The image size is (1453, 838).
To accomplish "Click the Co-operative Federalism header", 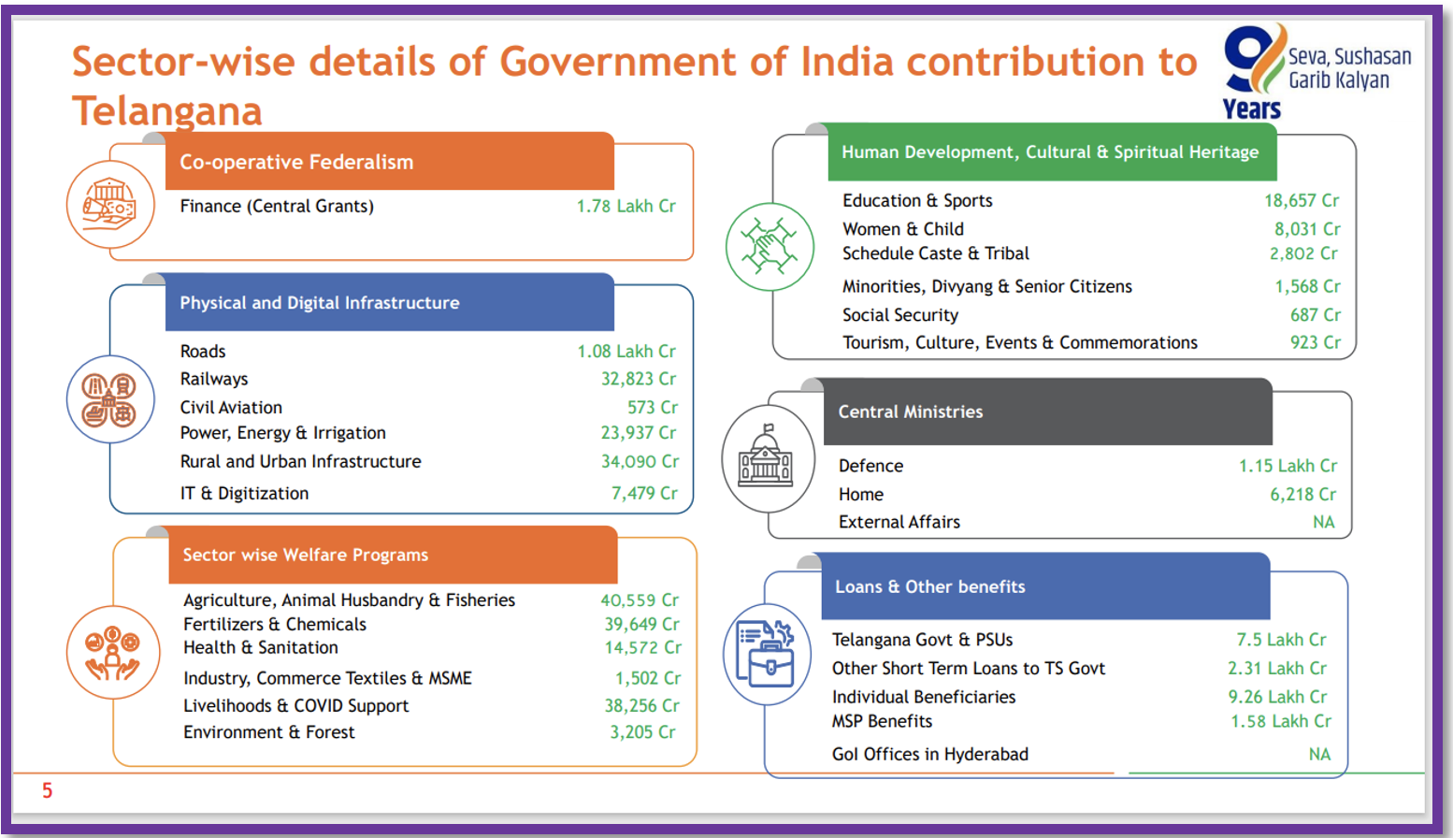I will [x=296, y=162].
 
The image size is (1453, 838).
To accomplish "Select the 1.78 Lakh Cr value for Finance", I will [x=626, y=206].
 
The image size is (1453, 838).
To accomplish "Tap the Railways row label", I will [x=214, y=379].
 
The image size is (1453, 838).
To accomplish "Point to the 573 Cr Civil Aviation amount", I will [x=653, y=407].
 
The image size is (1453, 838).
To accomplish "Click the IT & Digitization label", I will [x=244, y=493].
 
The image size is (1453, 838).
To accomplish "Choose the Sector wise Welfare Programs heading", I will [x=305, y=555].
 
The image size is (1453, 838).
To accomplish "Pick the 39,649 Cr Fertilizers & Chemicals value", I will [x=641, y=624].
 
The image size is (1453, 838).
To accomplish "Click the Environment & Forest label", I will [x=268, y=732].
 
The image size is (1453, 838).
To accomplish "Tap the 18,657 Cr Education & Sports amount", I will [x=1301, y=200].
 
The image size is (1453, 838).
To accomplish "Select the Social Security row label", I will [x=899, y=315].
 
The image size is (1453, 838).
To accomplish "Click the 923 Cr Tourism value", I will [x=1315, y=342].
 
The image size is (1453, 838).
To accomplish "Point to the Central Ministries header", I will [x=910, y=412].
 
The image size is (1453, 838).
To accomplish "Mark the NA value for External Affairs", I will [x=1323, y=522].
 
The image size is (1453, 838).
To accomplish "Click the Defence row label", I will [x=870, y=466].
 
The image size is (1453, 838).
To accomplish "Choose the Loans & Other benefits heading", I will [x=929, y=586].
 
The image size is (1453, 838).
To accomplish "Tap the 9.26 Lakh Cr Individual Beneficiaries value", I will [x=1277, y=697].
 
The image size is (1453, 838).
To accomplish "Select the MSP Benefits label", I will [x=882, y=721].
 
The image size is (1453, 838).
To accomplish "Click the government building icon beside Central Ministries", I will [x=767, y=457].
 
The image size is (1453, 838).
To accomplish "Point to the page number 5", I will [x=47, y=791].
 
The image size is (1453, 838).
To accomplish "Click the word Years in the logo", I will [x=1251, y=109].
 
